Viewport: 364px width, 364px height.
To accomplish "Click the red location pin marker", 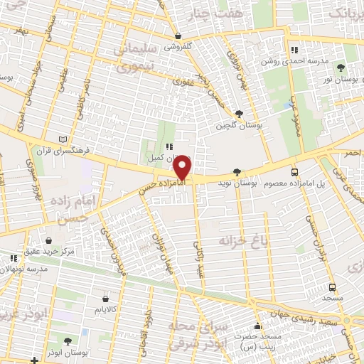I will pos(183,168).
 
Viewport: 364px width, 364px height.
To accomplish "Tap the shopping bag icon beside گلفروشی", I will pos(178,36).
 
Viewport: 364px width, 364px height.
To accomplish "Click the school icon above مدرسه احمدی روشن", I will pos(294,50).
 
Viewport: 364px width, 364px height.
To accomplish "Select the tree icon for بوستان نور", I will pos(341,68).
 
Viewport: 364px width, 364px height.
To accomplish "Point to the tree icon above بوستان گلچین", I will pos(239,113).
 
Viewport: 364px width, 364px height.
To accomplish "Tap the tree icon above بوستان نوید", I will pos(237,171).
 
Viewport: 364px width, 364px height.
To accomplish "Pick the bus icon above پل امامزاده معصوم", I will pos(294,171).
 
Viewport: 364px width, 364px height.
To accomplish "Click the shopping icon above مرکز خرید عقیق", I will pos(48,242).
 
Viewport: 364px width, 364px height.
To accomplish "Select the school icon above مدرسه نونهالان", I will pos(12,258).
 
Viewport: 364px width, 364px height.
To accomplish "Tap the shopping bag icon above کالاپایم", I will pos(106,299).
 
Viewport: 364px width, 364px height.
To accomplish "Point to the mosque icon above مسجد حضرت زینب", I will pos(257,327).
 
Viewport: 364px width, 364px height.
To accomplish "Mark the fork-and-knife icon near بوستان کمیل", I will pos(168,146).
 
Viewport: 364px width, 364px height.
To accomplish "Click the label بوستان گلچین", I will pos(240,125).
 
